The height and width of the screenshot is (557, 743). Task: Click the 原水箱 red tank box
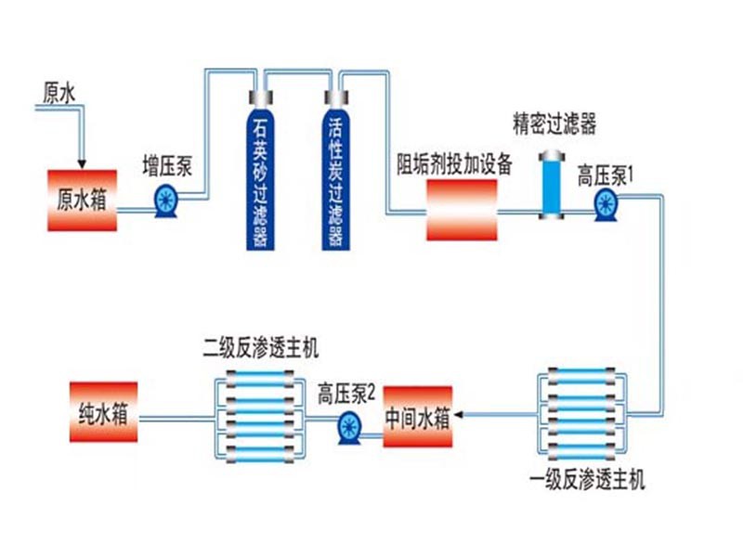[x=82, y=201]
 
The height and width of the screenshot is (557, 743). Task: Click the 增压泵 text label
[x=167, y=166]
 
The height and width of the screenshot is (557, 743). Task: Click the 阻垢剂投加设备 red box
[x=461, y=210]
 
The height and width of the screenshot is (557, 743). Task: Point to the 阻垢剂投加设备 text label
[x=455, y=165]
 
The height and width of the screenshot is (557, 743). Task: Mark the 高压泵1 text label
[x=605, y=174]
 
